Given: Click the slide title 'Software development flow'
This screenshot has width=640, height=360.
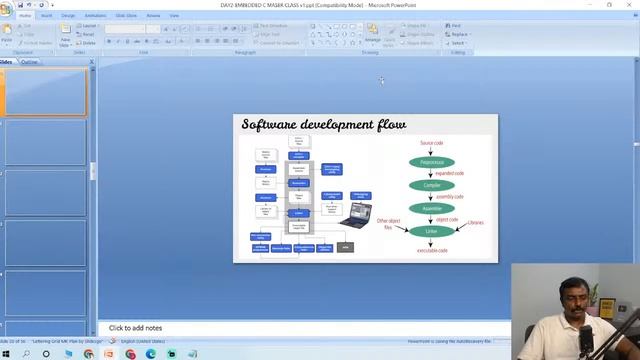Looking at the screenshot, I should [x=323, y=124].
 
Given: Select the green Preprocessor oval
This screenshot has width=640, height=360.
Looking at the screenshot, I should [x=431, y=162].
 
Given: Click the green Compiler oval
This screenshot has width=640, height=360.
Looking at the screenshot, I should [x=431, y=185].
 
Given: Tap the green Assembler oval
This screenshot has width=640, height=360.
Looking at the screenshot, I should [x=431, y=208].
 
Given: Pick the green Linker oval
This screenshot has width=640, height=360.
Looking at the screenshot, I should [x=431, y=231].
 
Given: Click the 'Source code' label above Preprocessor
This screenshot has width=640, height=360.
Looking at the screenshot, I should [x=431, y=144].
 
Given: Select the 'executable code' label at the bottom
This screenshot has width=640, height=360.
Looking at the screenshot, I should [x=432, y=250].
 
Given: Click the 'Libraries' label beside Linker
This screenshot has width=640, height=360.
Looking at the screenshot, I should [x=475, y=222].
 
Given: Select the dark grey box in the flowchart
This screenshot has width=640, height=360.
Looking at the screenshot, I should [x=345, y=247].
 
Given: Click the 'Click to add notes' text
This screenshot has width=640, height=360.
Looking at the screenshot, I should [x=135, y=328].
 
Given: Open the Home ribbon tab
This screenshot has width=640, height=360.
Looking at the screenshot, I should [x=25, y=16].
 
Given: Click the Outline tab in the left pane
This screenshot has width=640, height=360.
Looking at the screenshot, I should [x=30, y=62].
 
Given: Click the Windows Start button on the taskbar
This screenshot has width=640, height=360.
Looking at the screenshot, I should [x=6, y=354].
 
